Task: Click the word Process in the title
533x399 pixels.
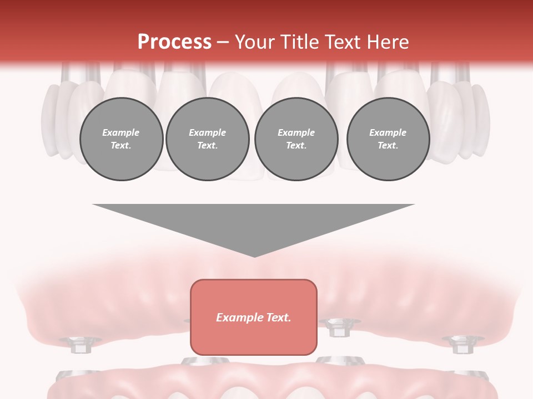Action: (174, 42)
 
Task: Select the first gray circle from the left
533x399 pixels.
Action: (121, 139)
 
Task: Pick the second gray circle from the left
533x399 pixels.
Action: (208, 139)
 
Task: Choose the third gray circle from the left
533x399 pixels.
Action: (296, 139)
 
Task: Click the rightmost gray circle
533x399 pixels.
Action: (388, 139)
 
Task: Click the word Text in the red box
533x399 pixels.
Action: (279, 318)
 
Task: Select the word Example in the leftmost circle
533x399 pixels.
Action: (121, 133)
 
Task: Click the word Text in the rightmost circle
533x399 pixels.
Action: (388, 146)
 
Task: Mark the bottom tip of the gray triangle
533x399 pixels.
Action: (254, 256)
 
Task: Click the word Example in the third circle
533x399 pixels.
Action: (296, 133)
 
